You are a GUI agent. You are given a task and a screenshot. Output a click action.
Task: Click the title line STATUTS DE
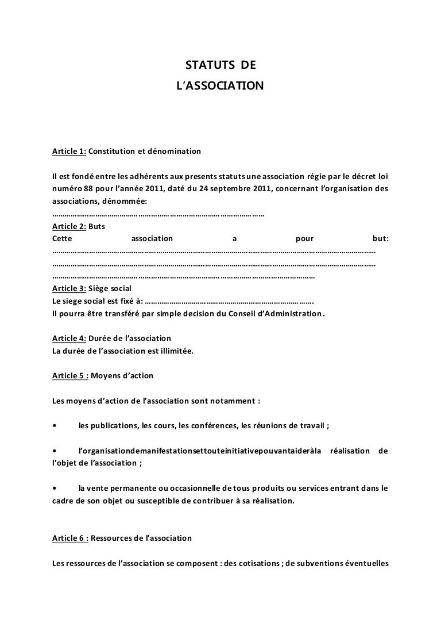point(220,71)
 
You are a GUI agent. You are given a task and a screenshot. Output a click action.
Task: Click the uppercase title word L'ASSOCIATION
point(220,86)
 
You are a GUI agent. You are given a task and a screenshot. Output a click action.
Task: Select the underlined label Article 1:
point(69,152)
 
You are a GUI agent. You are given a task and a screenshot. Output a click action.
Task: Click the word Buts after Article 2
point(98,226)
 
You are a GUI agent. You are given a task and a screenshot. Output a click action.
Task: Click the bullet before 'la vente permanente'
point(54,489)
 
